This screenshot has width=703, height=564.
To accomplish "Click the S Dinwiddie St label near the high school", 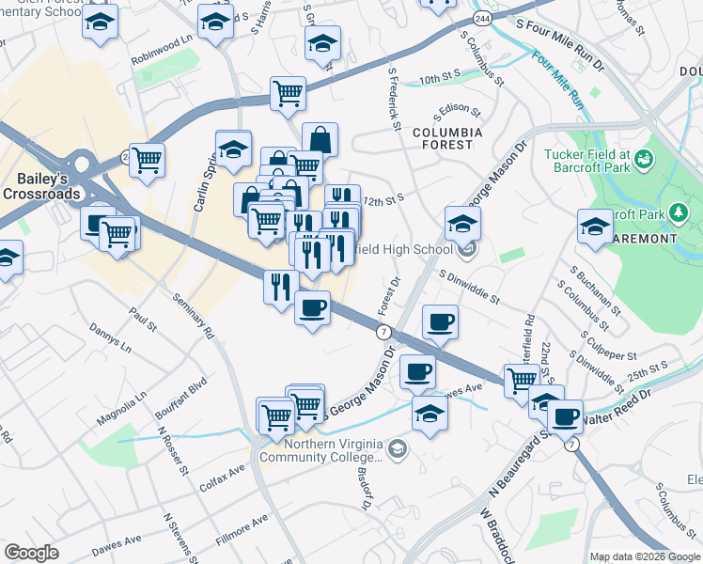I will (x=466, y=286).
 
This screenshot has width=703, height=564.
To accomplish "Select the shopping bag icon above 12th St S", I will (x=320, y=139).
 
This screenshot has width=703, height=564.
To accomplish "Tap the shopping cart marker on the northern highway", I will (x=288, y=92).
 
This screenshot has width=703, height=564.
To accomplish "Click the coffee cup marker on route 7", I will (x=312, y=306).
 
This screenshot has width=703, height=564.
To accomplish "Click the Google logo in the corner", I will (x=31, y=553).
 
